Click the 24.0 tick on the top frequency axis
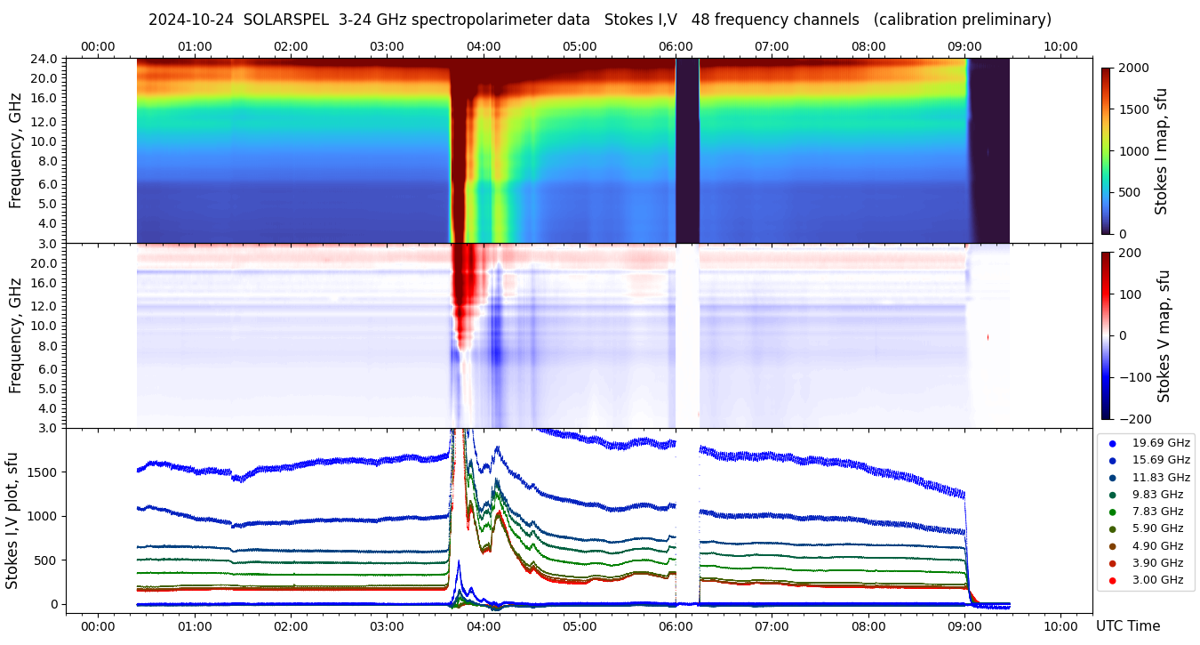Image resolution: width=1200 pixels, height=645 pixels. pyautogui.click(x=45, y=60)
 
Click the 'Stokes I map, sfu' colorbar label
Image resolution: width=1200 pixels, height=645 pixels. pyautogui.click(x=1161, y=150)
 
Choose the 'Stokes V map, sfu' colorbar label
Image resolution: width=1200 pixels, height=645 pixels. pyautogui.click(x=1164, y=335)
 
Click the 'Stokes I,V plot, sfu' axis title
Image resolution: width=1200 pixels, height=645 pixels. pyautogui.click(x=13, y=520)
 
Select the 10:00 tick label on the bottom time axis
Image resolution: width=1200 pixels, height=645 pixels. pyautogui.click(x=1060, y=626)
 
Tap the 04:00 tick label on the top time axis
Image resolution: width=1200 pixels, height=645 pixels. pyautogui.click(x=483, y=46)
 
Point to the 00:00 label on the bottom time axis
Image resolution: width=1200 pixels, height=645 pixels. pyautogui.click(x=98, y=626)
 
